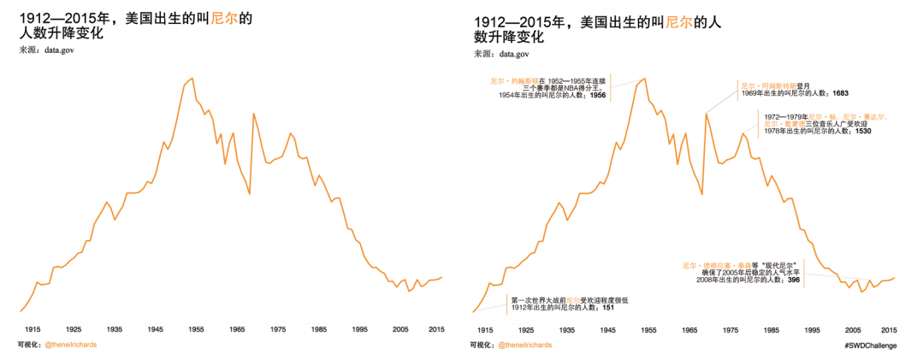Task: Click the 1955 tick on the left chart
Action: (x=197, y=328)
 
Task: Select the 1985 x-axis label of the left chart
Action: (x=319, y=328)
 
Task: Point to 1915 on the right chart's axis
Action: (x=485, y=329)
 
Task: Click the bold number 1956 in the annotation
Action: (x=598, y=95)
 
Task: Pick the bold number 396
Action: (x=793, y=280)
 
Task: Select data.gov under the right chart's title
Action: (x=514, y=54)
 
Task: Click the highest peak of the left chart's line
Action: (x=191, y=79)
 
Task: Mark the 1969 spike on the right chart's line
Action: (x=707, y=113)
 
